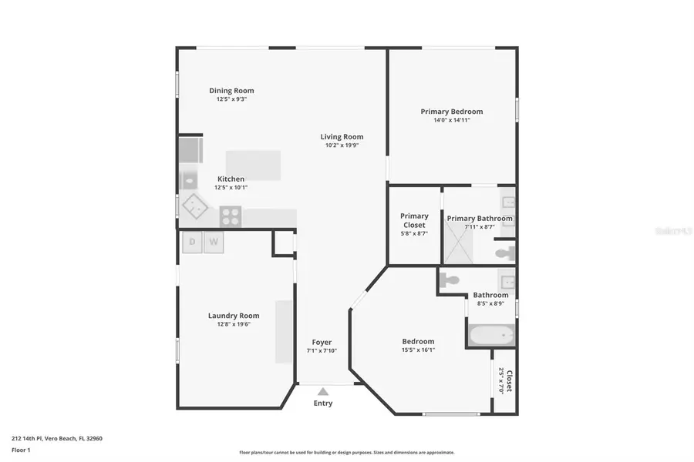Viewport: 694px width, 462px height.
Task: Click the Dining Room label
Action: point(231,91)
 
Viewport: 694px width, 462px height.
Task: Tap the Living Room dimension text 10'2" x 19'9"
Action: point(342,146)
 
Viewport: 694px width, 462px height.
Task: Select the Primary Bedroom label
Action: point(451,112)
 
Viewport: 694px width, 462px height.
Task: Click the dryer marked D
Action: point(192,243)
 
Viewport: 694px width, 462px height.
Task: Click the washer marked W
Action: point(214,243)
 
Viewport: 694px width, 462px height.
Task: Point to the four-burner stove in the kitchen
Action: point(231,216)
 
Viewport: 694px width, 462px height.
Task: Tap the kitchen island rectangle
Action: point(253,165)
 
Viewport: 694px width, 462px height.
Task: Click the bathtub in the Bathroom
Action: point(490,335)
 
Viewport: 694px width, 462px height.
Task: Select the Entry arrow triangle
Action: point(323,392)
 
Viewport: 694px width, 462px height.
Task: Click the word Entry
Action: point(323,403)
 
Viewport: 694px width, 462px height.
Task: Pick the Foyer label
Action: point(322,342)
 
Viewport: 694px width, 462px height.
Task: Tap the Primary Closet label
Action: point(414,221)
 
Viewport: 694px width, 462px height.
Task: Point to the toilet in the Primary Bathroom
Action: point(505,253)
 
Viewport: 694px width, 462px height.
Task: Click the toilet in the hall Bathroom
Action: point(450,281)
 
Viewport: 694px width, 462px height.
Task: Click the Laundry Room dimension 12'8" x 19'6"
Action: point(234,324)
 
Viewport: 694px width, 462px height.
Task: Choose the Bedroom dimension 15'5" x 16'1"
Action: point(418,350)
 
